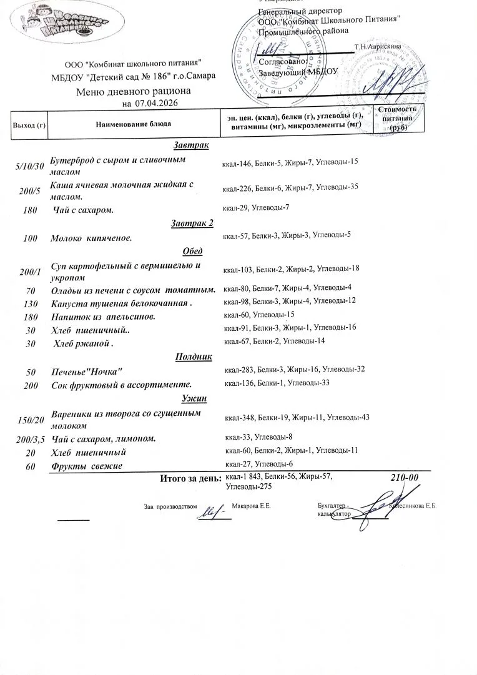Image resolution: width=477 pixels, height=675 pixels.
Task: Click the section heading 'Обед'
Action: tap(192, 251)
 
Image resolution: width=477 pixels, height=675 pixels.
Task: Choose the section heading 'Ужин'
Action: tap(194, 398)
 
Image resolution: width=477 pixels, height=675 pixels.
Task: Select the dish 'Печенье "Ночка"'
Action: tap(86, 372)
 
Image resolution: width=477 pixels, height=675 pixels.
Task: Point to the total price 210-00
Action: tap(404, 478)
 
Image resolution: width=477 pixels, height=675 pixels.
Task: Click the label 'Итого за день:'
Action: tap(190, 479)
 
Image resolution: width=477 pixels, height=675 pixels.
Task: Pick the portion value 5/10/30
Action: tap(29, 166)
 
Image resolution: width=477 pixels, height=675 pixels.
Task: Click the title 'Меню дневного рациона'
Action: tap(133, 92)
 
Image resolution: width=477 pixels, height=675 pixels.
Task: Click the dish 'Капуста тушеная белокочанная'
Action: tap(120, 303)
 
